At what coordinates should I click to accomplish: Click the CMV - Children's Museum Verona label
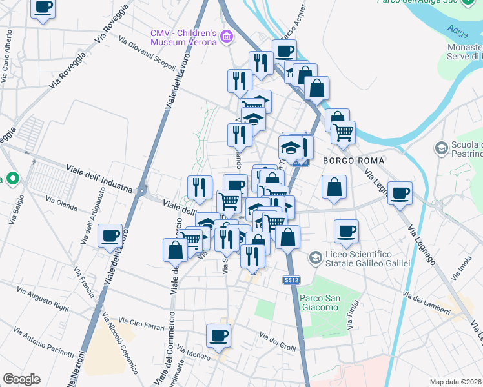click(182, 37)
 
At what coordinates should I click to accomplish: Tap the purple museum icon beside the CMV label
click(226, 37)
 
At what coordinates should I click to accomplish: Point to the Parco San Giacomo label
click(320, 303)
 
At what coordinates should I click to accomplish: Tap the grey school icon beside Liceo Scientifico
click(315, 258)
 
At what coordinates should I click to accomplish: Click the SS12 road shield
click(291, 280)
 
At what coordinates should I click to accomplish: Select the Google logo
click(21, 379)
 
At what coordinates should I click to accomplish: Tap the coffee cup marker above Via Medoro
click(218, 335)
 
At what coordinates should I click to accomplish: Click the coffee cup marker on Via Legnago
click(400, 193)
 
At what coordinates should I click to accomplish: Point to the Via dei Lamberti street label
click(426, 303)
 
